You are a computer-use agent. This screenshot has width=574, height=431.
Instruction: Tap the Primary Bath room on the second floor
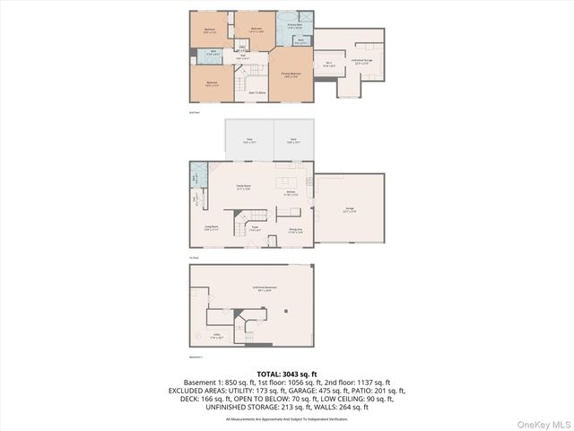coord(294,26)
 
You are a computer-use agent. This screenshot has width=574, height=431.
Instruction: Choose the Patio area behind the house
coord(248,140)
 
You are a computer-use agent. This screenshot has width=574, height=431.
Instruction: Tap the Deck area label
coord(293,140)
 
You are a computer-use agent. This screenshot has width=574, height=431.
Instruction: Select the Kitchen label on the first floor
coord(291,192)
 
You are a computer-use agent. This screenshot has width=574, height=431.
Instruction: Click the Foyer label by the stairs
coord(255,228)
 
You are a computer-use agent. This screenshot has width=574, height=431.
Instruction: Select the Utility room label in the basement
coord(217,338)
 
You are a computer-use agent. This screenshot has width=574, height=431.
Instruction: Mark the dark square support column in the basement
coord(286,311)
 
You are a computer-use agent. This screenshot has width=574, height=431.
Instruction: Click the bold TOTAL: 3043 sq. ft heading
coord(286,374)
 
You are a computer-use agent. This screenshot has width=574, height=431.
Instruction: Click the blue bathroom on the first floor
coord(196,175)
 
